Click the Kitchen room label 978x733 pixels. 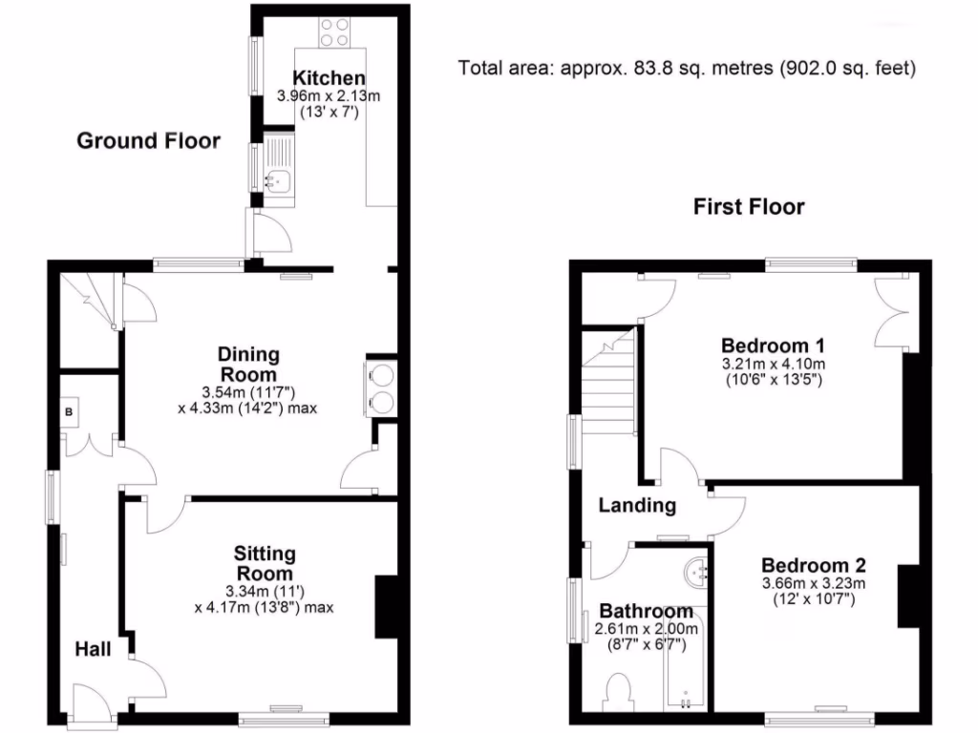click(328, 78)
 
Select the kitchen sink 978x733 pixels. click(282, 176)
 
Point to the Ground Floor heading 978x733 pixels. click(148, 141)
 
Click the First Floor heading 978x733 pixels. click(749, 206)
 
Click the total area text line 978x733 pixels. click(687, 68)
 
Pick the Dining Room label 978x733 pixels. click(248, 364)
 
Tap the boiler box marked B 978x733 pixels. click(69, 411)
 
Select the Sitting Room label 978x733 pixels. click(265, 563)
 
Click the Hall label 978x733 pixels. click(94, 650)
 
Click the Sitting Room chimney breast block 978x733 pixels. click(387, 607)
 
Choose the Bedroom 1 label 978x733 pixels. click(773, 345)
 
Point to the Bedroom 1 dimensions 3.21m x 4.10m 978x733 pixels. click(773, 364)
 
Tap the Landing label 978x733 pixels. click(637, 506)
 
